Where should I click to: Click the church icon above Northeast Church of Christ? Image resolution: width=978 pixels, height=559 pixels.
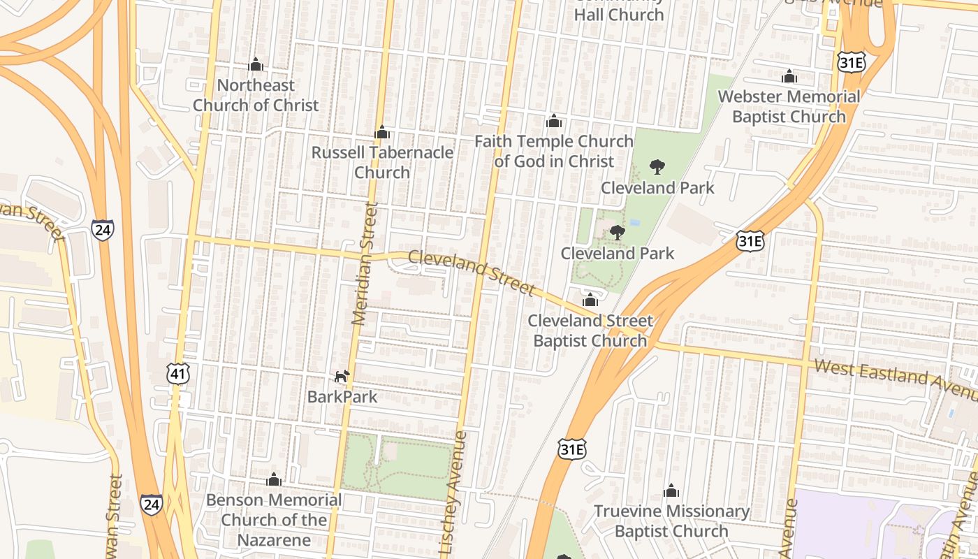[256, 65]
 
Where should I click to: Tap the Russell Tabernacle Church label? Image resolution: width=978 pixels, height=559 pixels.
[382, 162]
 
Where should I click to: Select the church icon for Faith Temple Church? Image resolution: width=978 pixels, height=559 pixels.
[554, 122]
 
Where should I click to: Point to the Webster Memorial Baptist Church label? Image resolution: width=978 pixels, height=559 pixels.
[789, 106]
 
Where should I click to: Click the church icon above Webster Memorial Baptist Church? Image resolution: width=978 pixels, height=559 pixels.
[789, 76]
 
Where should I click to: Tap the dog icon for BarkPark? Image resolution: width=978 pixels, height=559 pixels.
[342, 377]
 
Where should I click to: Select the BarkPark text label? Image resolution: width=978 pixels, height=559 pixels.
[342, 397]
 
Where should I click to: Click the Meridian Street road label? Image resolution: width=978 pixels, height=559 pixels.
[365, 264]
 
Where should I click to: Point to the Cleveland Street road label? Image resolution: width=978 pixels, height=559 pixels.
[472, 273]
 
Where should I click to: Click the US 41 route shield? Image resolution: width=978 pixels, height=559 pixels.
[178, 375]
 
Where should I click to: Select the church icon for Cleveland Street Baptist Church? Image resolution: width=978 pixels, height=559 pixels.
[590, 300]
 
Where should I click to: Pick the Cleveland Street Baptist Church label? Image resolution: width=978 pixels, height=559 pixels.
[590, 331]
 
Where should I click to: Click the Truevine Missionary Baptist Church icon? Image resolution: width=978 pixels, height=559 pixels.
[671, 491]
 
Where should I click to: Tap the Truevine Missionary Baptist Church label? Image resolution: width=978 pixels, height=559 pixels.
[671, 521]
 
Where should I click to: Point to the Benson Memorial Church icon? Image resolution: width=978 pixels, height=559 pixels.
[274, 479]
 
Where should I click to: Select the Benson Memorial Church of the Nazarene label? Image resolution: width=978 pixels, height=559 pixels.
[274, 520]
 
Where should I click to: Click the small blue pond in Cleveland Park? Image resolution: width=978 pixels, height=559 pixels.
[635, 222]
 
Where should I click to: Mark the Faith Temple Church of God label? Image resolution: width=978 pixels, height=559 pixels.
[554, 151]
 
